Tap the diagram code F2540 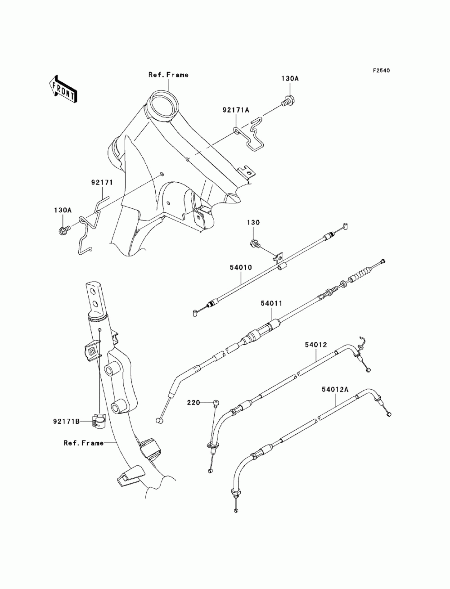pos(381,71)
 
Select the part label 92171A pos(236,110)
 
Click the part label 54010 pos(241,268)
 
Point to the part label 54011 pos(271,303)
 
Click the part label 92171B pos(66,422)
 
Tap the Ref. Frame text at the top pos(168,75)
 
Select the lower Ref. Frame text pos(83,443)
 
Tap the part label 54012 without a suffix pos(316,345)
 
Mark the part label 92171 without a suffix pos(102,183)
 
